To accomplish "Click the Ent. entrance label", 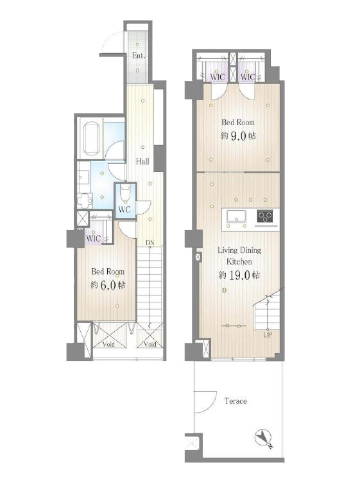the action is coord(139,56).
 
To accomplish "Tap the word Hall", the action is coord(142,162).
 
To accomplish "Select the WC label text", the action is coord(124,209).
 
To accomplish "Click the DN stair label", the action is coord(150,243).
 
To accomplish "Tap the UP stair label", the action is coord(268,335).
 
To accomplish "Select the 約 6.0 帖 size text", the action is coord(108,285).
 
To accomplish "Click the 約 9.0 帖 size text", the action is coord(238,136).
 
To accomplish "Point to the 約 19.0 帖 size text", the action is coord(239,275).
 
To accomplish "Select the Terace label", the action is coord(236,401).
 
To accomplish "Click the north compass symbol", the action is coord(264,438).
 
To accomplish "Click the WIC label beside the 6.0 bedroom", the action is coord(94,238).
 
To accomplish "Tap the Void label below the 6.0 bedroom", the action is coord(109,344).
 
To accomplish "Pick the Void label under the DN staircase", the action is coord(150,344).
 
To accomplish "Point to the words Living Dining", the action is coord(239,250).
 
